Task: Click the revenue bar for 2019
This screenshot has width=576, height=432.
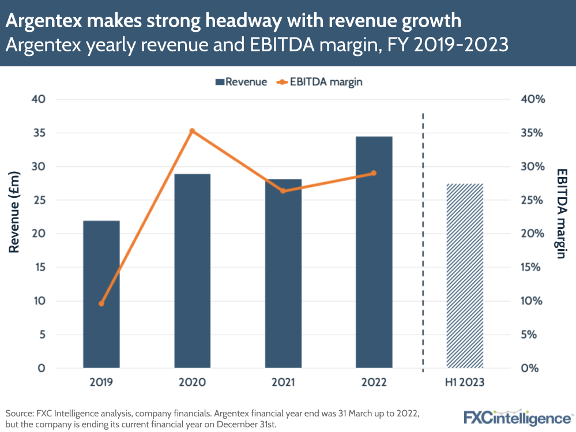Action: pyautogui.click(x=101, y=294)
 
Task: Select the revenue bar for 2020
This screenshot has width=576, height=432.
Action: pyautogui.click(x=192, y=271)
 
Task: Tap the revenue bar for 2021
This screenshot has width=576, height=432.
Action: pyautogui.click(x=283, y=273)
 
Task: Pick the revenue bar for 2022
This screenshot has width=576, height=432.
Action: pyautogui.click(x=374, y=252)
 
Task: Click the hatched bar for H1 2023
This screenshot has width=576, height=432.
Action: pyautogui.click(x=465, y=276)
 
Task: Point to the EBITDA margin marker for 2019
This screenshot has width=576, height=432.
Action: pyautogui.click(x=101, y=303)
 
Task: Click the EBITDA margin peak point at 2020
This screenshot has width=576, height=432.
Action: pyautogui.click(x=193, y=131)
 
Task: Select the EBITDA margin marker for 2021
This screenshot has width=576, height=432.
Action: pyautogui.click(x=283, y=190)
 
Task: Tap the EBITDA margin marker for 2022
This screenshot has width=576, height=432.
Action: pyautogui.click(x=374, y=173)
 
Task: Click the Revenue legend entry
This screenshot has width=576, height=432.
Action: pyautogui.click(x=241, y=82)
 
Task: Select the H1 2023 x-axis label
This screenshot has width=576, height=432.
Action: pyautogui.click(x=465, y=382)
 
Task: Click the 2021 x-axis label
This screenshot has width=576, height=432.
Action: pyautogui.click(x=283, y=382)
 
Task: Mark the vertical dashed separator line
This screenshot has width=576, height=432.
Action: pyautogui.click(x=424, y=242)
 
